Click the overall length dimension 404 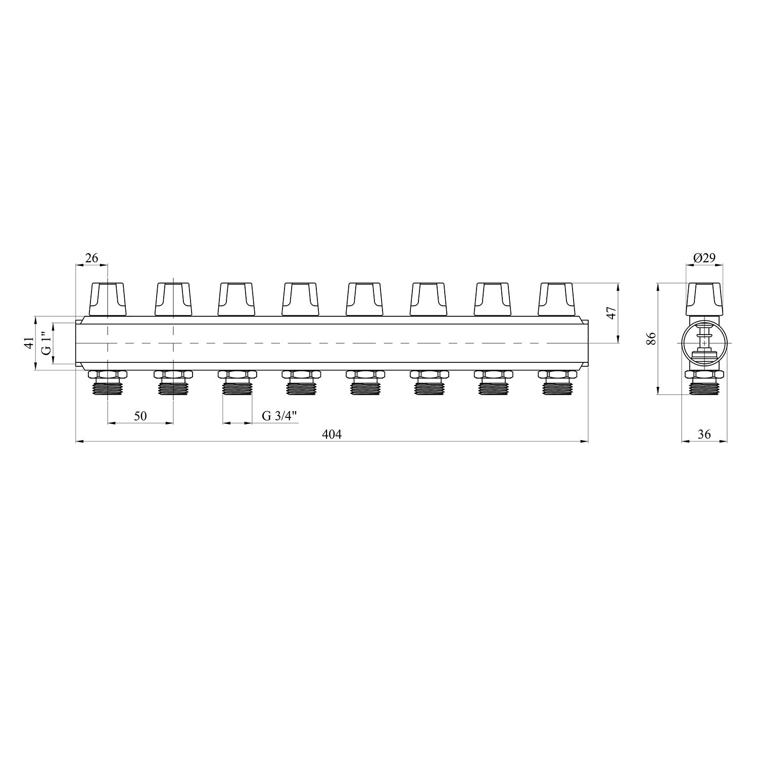click(x=332, y=434)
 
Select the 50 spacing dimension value click(x=140, y=416)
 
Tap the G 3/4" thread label click(x=279, y=416)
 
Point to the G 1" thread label click(x=46, y=343)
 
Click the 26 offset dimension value click(x=91, y=258)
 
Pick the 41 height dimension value click(x=29, y=343)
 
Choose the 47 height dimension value click(x=611, y=313)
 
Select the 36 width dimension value click(x=704, y=434)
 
